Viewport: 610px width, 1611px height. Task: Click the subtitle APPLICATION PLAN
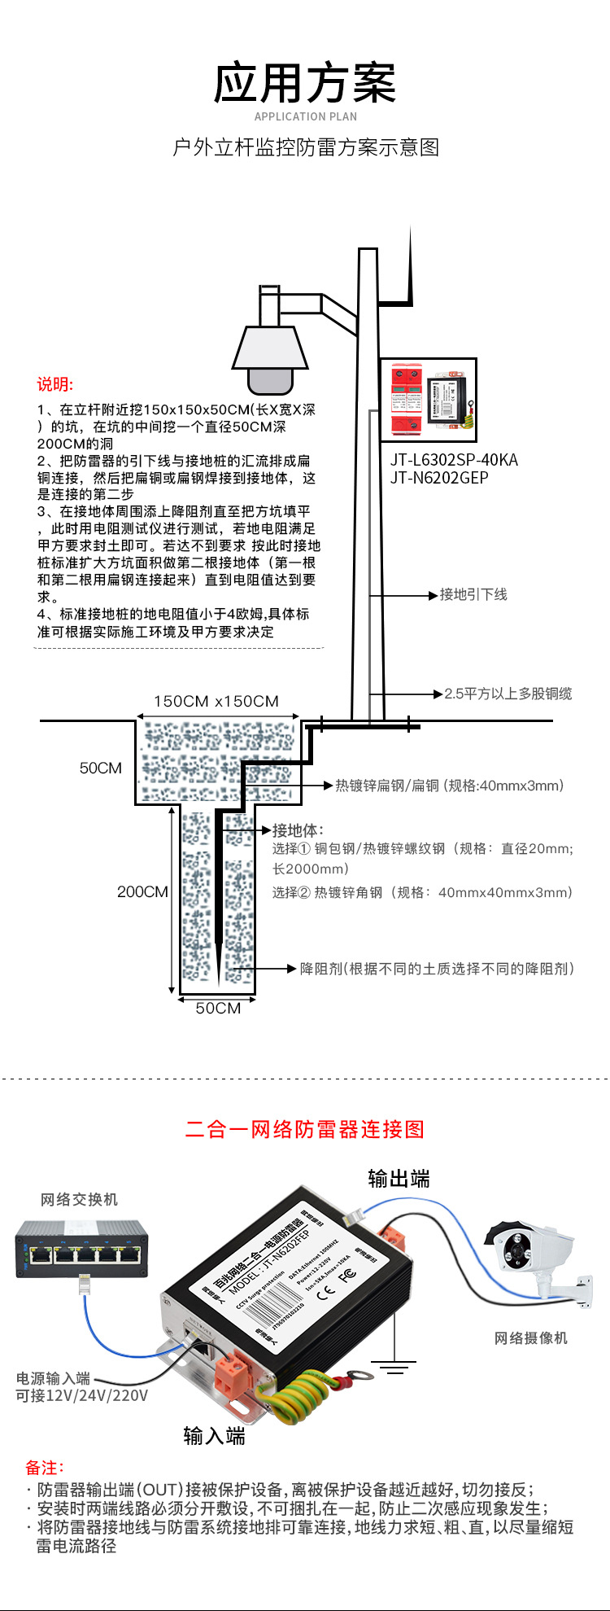tap(305, 117)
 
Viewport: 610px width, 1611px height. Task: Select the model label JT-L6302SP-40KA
tap(453, 460)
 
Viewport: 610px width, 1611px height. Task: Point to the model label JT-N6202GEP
tap(439, 478)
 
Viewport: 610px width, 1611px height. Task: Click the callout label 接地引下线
tap(473, 595)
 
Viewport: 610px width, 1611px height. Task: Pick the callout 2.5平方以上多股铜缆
tap(508, 694)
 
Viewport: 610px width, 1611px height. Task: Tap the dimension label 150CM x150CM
tap(216, 702)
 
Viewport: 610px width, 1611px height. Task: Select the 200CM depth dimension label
tap(142, 892)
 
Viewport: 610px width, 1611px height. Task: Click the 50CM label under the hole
tap(218, 1008)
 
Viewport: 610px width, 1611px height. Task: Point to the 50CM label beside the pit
tap(100, 768)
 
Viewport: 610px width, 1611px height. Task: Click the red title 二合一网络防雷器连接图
tap(305, 1129)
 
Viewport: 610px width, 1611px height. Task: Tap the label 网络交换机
tap(79, 1200)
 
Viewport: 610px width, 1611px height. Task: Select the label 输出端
tap(398, 1179)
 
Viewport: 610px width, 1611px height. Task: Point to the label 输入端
tap(214, 1435)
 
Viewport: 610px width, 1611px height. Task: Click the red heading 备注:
tap(44, 1468)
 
